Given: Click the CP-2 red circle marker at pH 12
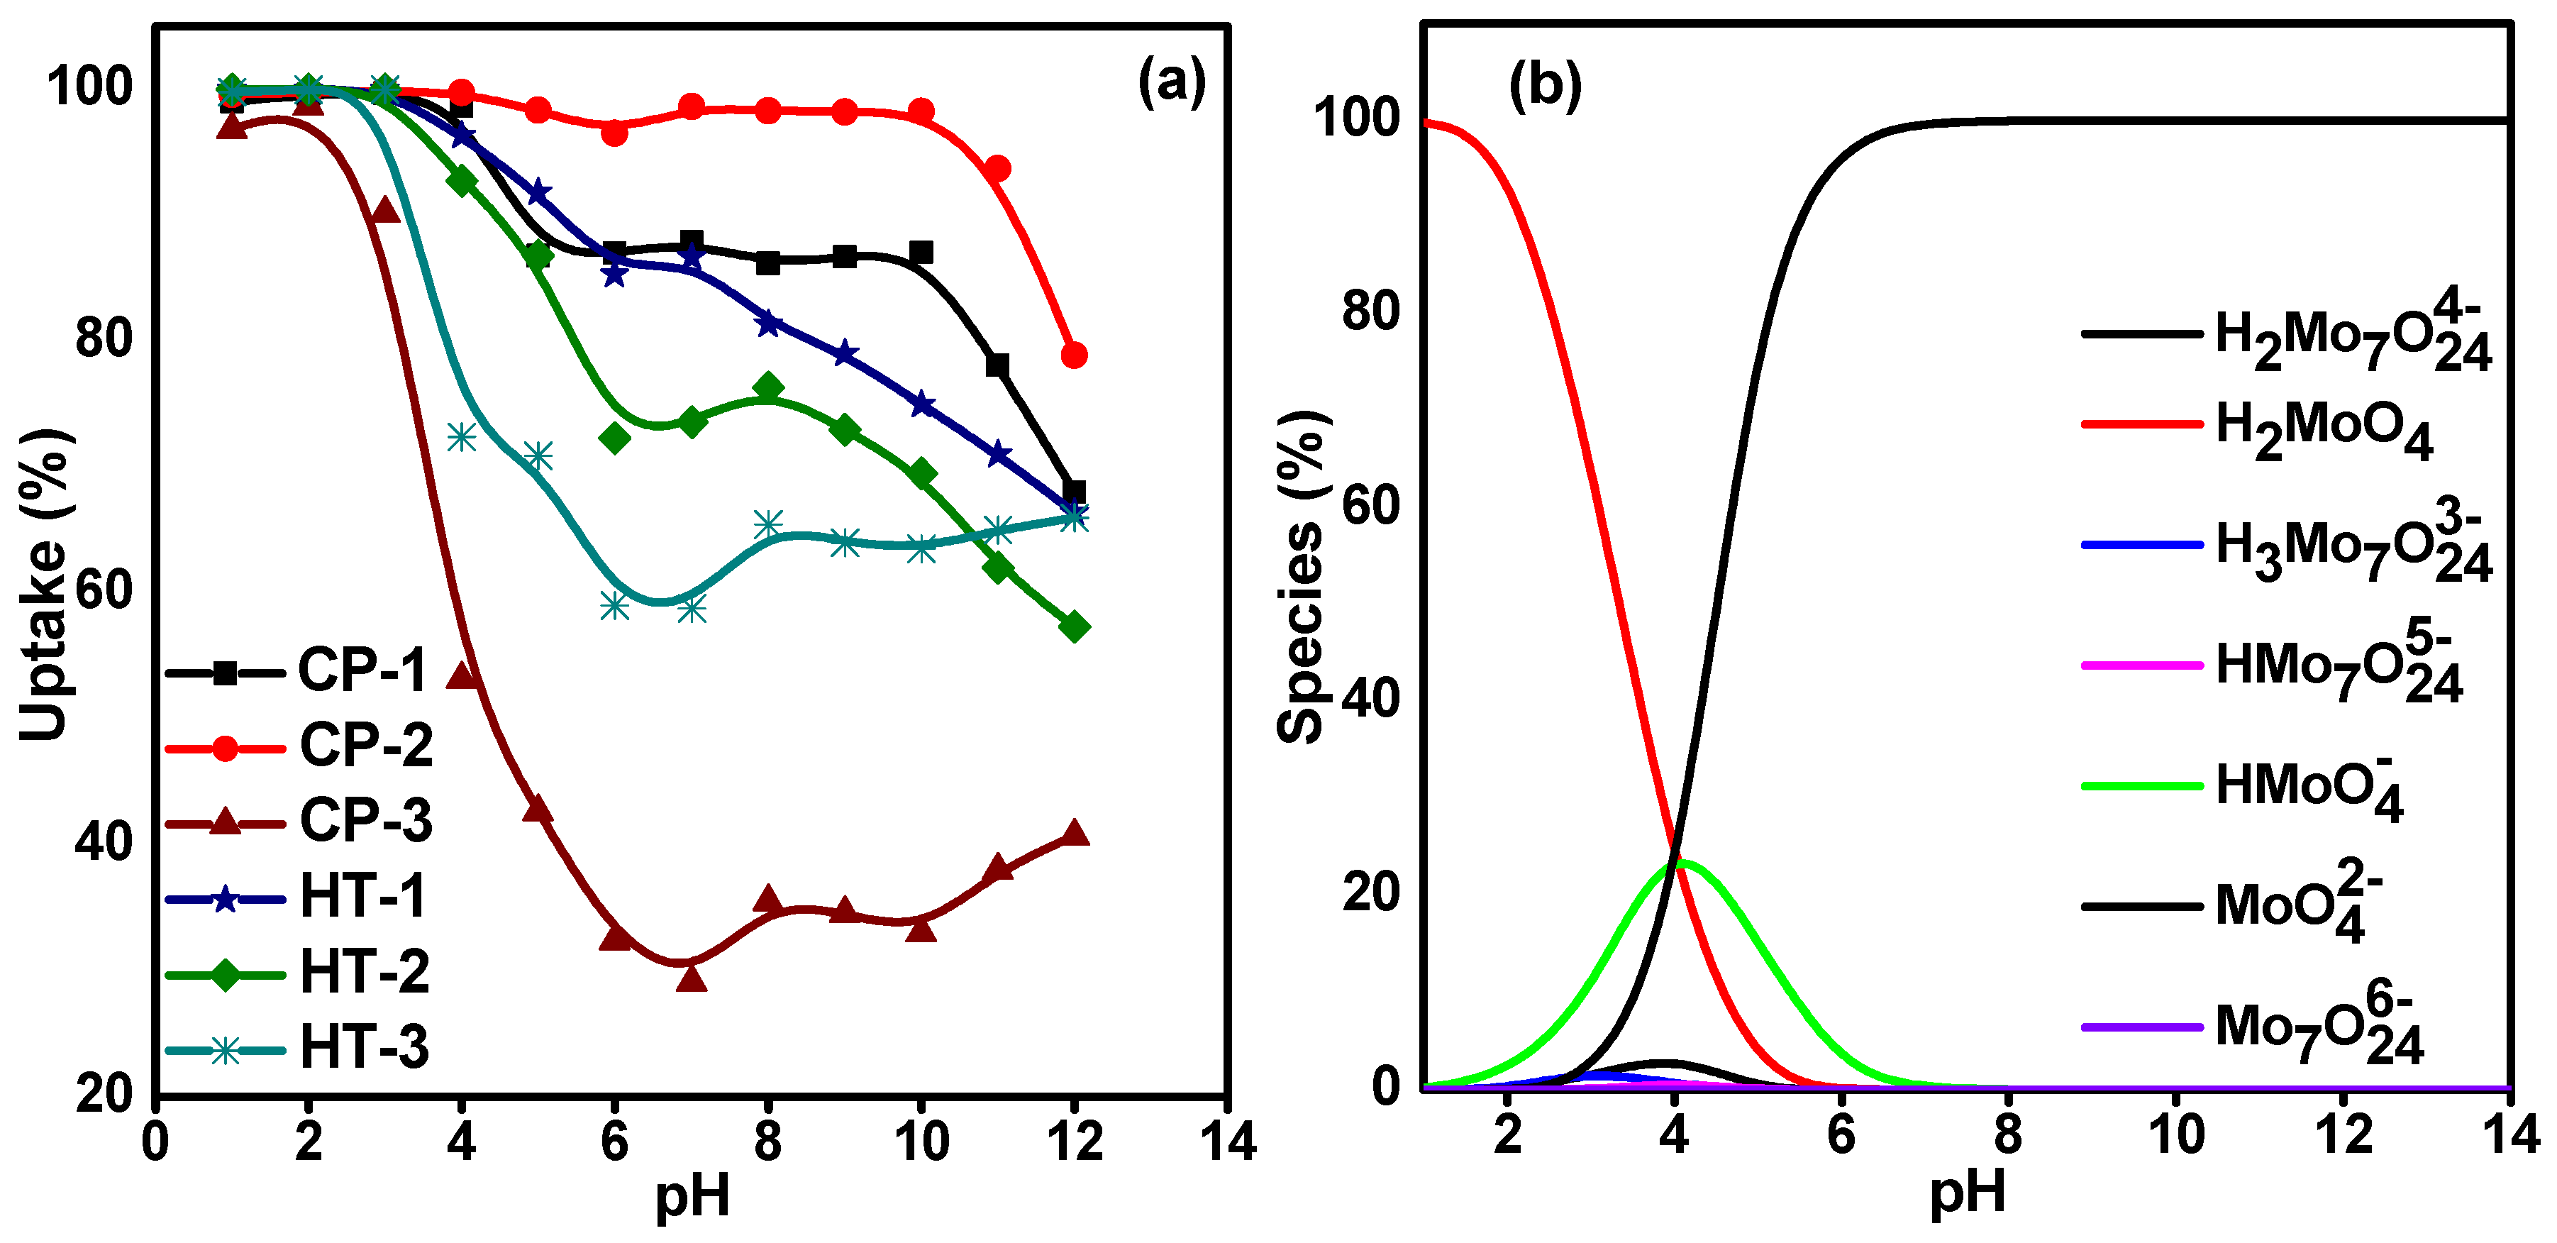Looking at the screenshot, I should click(1074, 355).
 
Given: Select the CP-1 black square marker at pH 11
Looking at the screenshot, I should click(997, 365).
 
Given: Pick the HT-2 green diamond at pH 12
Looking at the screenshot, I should click(1074, 626).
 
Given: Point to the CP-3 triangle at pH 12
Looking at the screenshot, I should click(1074, 833).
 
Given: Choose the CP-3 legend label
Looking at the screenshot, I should click(365, 821).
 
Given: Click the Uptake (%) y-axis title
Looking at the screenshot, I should click(45, 586).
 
